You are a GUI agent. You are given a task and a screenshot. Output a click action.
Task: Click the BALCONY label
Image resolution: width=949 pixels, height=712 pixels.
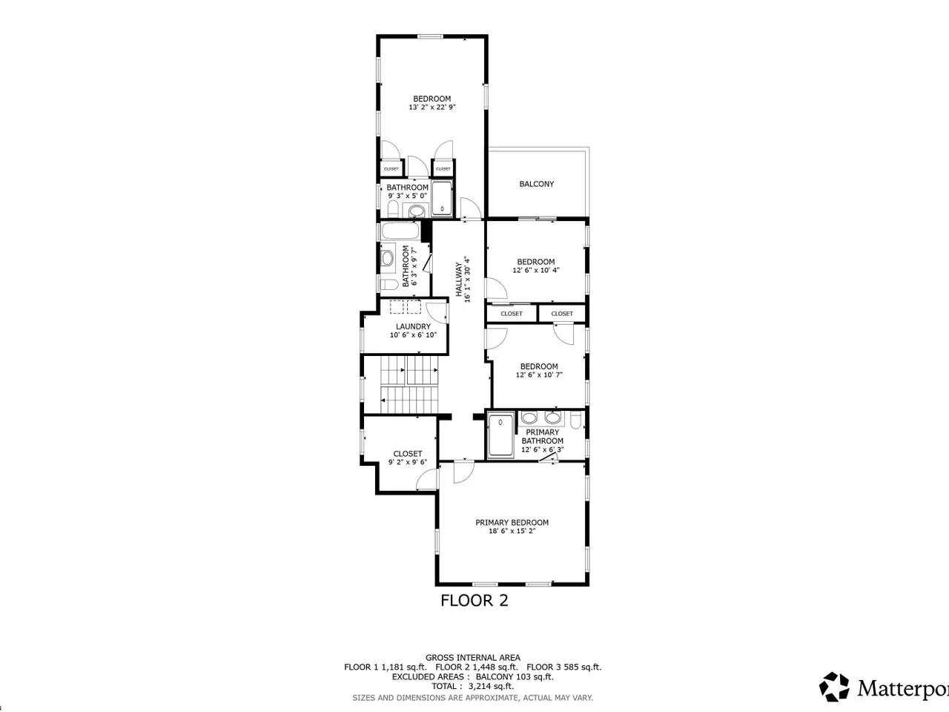click(x=537, y=184)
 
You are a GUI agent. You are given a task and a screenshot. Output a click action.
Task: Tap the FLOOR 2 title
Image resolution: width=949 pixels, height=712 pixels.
click(x=474, y=601)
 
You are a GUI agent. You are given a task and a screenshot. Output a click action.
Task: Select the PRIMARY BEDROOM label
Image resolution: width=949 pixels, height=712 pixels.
click(x=512, y=522)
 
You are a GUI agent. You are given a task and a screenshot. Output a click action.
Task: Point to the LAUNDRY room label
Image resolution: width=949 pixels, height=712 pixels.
click(x=413, y=326)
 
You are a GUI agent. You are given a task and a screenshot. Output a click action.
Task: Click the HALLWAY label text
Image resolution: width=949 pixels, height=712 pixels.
click(x=459, y=280)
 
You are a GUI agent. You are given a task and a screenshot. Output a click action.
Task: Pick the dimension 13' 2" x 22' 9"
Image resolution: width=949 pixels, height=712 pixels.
click(x=432, y=108)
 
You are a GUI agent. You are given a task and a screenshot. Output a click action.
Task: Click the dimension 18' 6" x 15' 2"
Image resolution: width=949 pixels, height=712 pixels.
click(x=512, y=531)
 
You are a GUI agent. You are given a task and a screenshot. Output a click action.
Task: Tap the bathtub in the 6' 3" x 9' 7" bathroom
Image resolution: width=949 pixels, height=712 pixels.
click(x=400, y=231)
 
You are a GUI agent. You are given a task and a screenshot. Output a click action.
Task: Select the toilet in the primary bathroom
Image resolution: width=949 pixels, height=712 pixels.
click(x=575, y=420)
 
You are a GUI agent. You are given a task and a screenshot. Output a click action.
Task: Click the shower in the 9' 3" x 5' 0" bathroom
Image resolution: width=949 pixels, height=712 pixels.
click(x=442, y=200)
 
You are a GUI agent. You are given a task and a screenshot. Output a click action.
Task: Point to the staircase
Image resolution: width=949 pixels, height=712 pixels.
click(x=409, y=384)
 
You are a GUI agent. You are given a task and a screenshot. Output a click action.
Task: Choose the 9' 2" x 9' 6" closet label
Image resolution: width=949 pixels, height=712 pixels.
click(x=408, y=453)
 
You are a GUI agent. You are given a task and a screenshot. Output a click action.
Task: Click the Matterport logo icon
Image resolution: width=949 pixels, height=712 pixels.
click(x=834, y=686)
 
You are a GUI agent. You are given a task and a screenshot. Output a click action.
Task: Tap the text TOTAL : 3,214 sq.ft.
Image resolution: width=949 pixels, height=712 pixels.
click(x=472, y=686)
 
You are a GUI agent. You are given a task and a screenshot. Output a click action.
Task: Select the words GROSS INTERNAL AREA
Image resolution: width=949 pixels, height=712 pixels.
click(x=473, y=658)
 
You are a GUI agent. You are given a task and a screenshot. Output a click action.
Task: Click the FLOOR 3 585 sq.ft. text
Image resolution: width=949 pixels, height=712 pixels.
click(x=563, y=667)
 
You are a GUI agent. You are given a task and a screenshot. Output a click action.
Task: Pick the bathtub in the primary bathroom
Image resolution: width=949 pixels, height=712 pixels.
click(x=500, y=435)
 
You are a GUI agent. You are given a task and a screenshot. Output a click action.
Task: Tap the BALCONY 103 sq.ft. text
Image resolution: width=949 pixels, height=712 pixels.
click(x=515, y=676)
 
